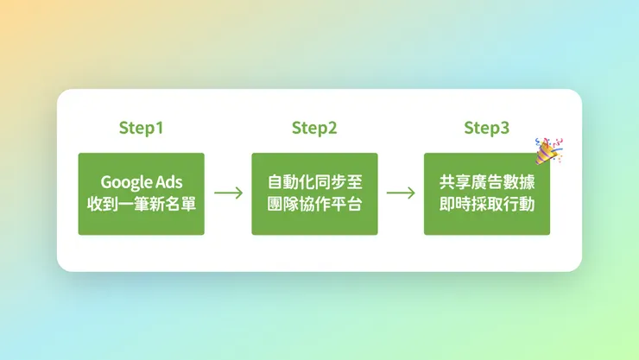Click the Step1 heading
141,129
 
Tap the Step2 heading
314,129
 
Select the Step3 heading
486,129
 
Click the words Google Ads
142,182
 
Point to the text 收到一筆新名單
142,204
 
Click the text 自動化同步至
314,182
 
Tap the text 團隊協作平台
314,204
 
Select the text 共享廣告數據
487,182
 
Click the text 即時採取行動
487,204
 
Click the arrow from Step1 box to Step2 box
228,193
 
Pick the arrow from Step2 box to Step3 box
401,193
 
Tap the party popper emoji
547,150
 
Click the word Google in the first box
126,182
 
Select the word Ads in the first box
168,182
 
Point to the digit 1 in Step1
159,129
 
